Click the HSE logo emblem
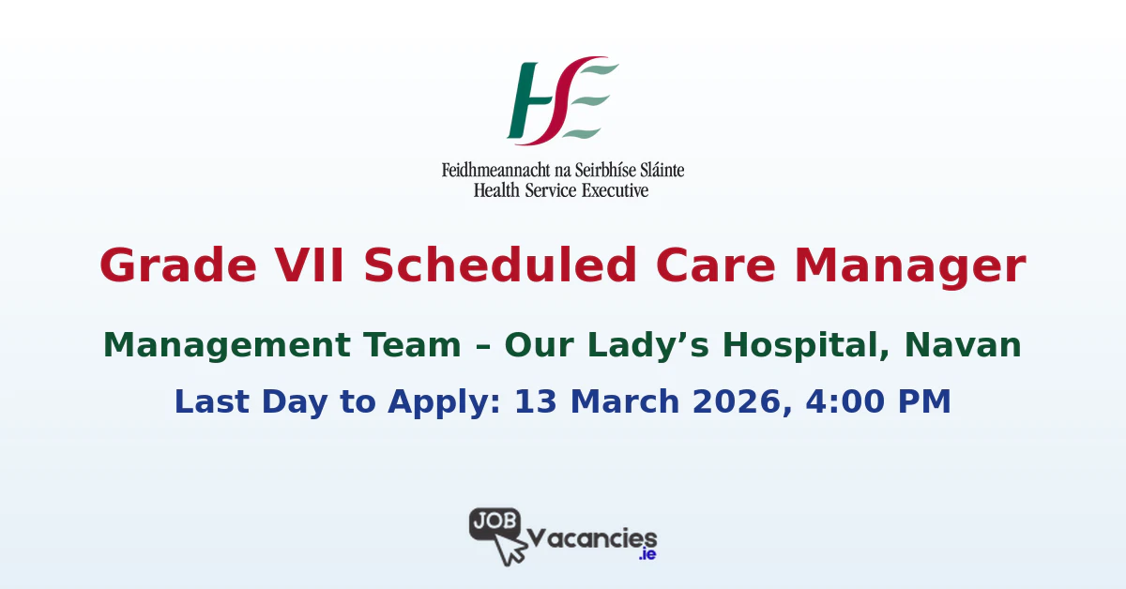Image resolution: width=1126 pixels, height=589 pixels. click(x=562, y=101)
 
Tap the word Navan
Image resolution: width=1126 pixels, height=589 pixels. click(x=964, y=346)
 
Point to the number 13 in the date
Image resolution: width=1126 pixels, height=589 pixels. click(x=536, y=401)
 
